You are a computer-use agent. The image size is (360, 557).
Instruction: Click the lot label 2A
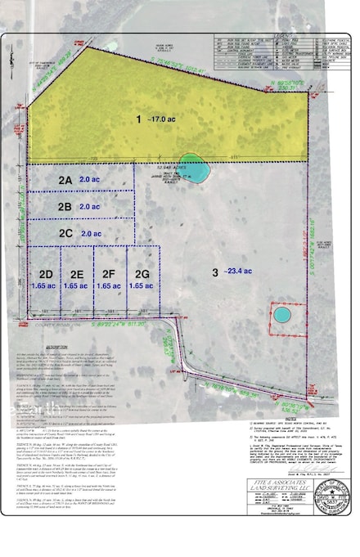pos(65,179)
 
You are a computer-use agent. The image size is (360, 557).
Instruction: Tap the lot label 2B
pos(65,207)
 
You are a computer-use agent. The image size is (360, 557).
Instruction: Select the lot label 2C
pos(65,233)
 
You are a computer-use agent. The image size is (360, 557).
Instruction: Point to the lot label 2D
pos(46,273)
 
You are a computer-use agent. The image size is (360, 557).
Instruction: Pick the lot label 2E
pos(77,273)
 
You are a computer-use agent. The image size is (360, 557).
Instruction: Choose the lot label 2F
pos(110,273)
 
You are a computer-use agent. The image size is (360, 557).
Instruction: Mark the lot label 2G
pos(142,273)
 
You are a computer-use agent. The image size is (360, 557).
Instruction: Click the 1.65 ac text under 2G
pos(141,286)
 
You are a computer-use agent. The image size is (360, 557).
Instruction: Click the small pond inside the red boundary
pos(281,314)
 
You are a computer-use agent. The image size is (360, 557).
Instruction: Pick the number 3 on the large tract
pos(215,272)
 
